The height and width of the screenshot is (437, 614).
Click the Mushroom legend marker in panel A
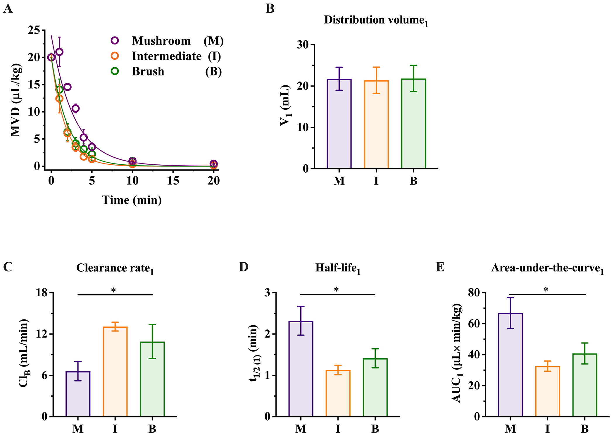click(x=115, y=41)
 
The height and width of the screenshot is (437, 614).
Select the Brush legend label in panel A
click(x=148, y=72)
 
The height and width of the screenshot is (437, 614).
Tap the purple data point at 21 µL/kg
click(x=59, y=52)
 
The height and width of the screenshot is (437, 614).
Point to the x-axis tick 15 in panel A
click(x=173, y=181)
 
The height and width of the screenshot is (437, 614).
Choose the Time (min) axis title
click(x=132, y=200)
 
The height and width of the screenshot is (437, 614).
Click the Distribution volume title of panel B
click(x=376, y=20)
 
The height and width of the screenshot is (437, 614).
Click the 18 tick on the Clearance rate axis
click(x=42, y=293)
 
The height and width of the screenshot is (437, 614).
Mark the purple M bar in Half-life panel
click(x=301, y=369)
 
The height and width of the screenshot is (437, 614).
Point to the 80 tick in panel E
click(x=474, y=293)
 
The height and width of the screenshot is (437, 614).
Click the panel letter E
click(x=440, y=267)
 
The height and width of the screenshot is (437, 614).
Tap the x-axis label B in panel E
click(x=584, y=429)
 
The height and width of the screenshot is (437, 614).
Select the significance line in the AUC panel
click(x=547, y=294)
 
